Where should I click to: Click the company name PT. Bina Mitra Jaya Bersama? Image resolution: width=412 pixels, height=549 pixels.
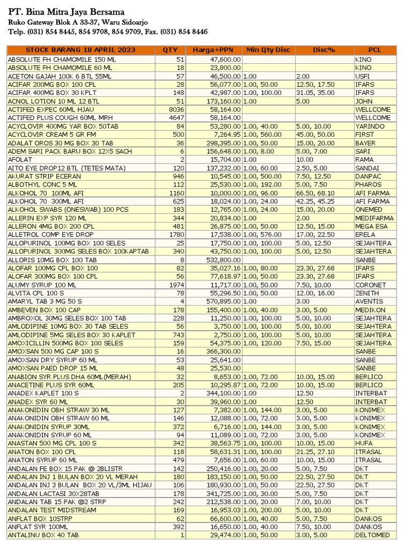click(66, 12)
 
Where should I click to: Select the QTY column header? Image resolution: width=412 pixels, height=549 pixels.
click(170, 50)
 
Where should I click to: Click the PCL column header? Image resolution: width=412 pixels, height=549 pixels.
click(375, 50)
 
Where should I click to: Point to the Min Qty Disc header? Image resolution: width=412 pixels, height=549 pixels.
click(268, 50)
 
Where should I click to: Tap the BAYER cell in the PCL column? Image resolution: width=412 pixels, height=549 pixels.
click(366, 143)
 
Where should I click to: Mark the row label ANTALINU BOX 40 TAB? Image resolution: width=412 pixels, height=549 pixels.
click(43, 535)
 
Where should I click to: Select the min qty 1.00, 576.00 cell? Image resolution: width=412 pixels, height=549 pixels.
click(262, 235)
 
